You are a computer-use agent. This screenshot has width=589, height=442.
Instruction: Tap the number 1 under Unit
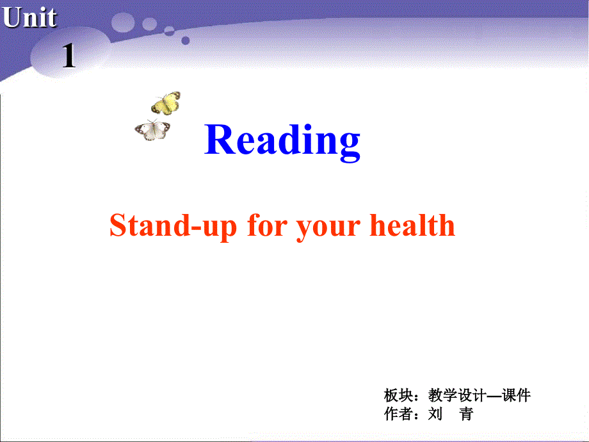pyautogui.click(x=69, y=58)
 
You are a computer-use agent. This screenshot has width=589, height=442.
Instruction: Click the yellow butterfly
pyautogui.click(x=166, y=102)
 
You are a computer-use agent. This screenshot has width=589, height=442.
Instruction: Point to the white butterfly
pyautogui.click(x=153, y=130)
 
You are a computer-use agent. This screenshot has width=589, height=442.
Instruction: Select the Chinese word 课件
pyautogui.click(x=516, y=395)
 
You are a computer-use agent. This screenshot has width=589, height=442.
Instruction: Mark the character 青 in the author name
pyautogui.click(x=466, y=414)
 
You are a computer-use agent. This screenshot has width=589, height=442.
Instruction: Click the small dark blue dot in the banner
pyautogui.click(x=186, y=40)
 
